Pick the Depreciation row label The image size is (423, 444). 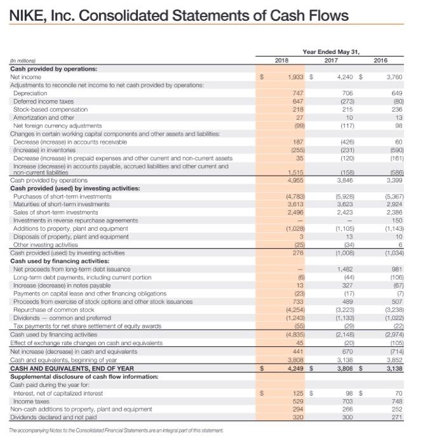tap(32, 93)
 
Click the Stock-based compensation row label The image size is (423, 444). tap(46, 108)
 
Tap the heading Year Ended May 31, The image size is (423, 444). tap(337, 53)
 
